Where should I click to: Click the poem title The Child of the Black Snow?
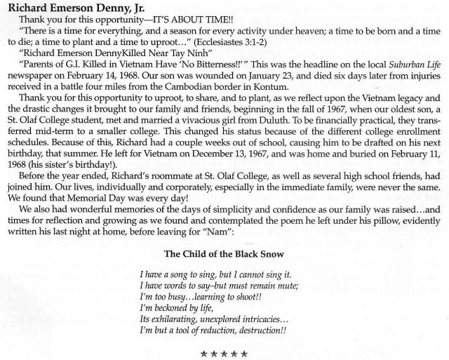click(x=224, y=273)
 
